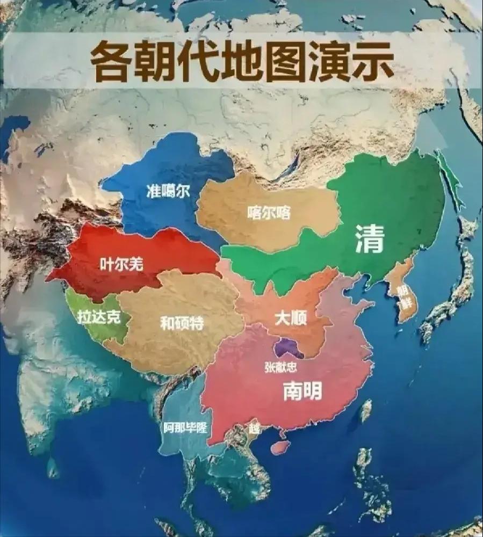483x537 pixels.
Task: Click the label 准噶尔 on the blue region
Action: pos(168,191)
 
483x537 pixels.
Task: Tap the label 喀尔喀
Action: pos(269,213)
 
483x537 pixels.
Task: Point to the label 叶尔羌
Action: pos(122,264)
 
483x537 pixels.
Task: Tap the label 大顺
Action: pos(290,318)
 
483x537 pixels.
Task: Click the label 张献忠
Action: pos(280,367)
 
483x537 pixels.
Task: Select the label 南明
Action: pos(302,391)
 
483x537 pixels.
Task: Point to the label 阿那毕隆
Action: pos(185,428)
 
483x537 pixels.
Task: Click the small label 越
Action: pos(253,428)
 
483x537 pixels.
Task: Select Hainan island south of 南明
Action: pos(279,447)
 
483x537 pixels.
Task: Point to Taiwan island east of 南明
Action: pos(366,410)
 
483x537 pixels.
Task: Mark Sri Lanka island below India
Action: pos(52,467)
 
